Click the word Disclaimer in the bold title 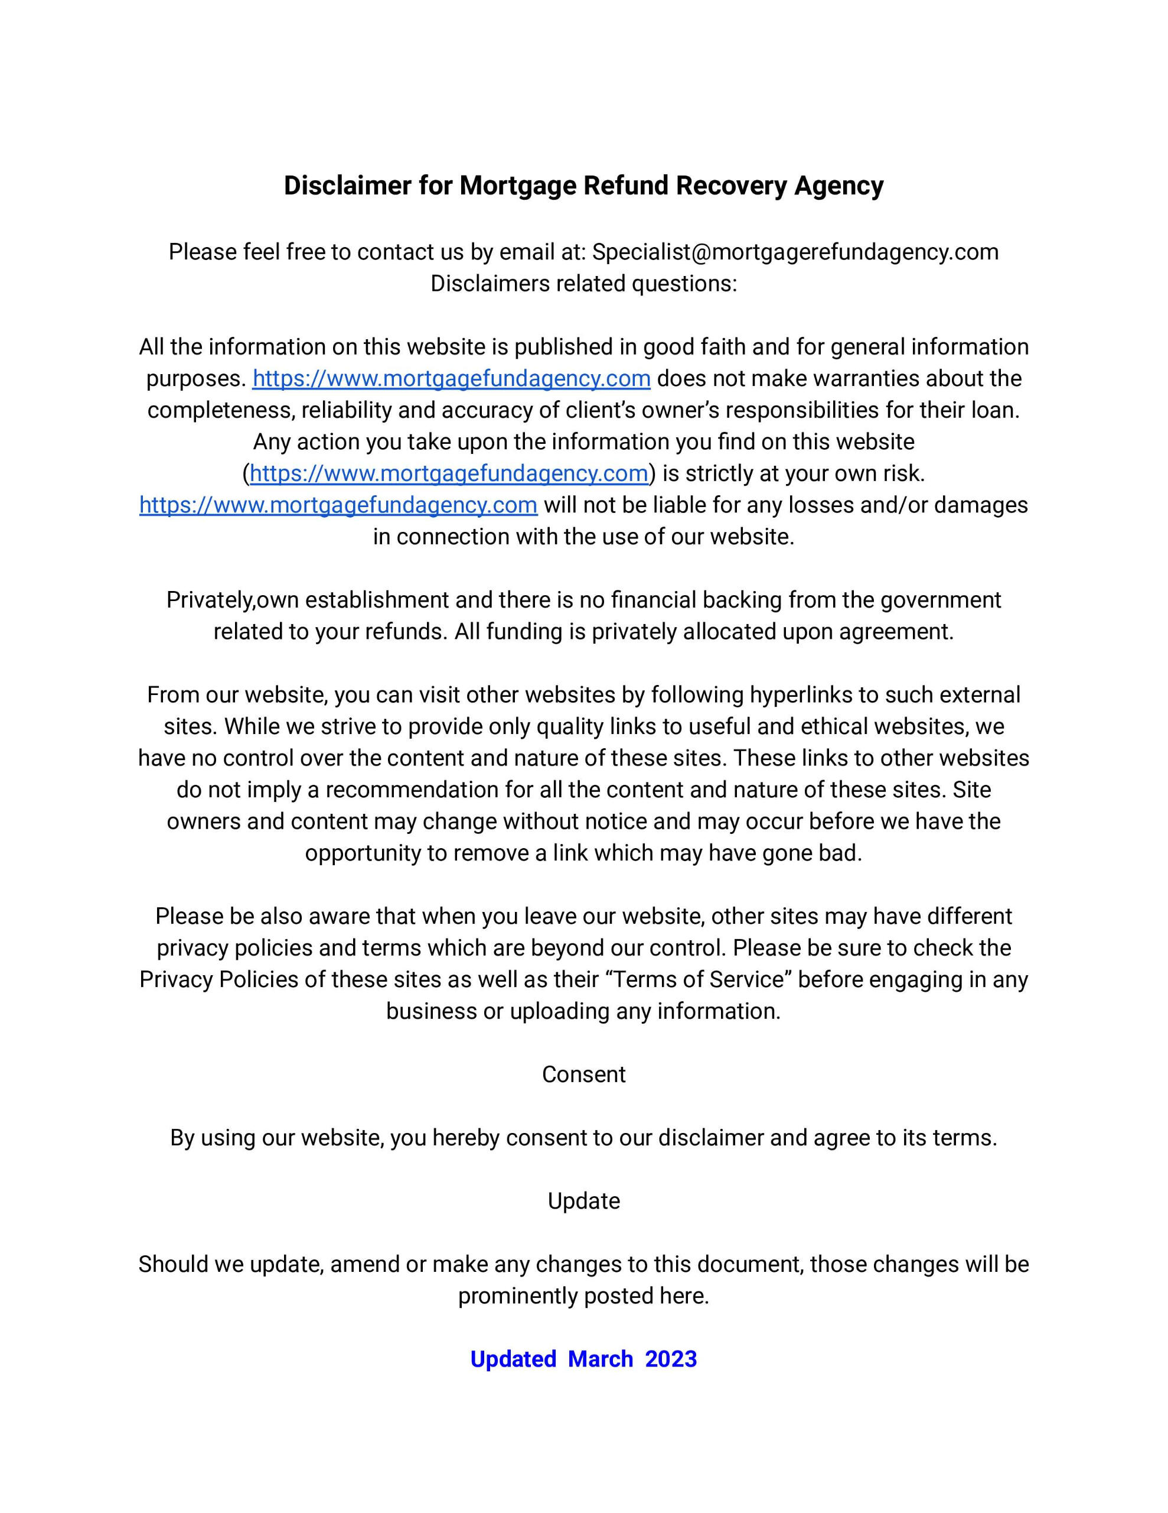click(348, 186)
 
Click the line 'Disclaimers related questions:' click(583, 283)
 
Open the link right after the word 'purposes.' click(451, 378)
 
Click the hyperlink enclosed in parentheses click(449, 473)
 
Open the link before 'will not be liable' click(338, 505)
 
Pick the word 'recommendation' click(411, 790)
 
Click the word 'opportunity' click(362, 853)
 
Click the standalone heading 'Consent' click(583, 1074)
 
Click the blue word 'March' click(601, 1359)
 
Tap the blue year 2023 click(670, 1359)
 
